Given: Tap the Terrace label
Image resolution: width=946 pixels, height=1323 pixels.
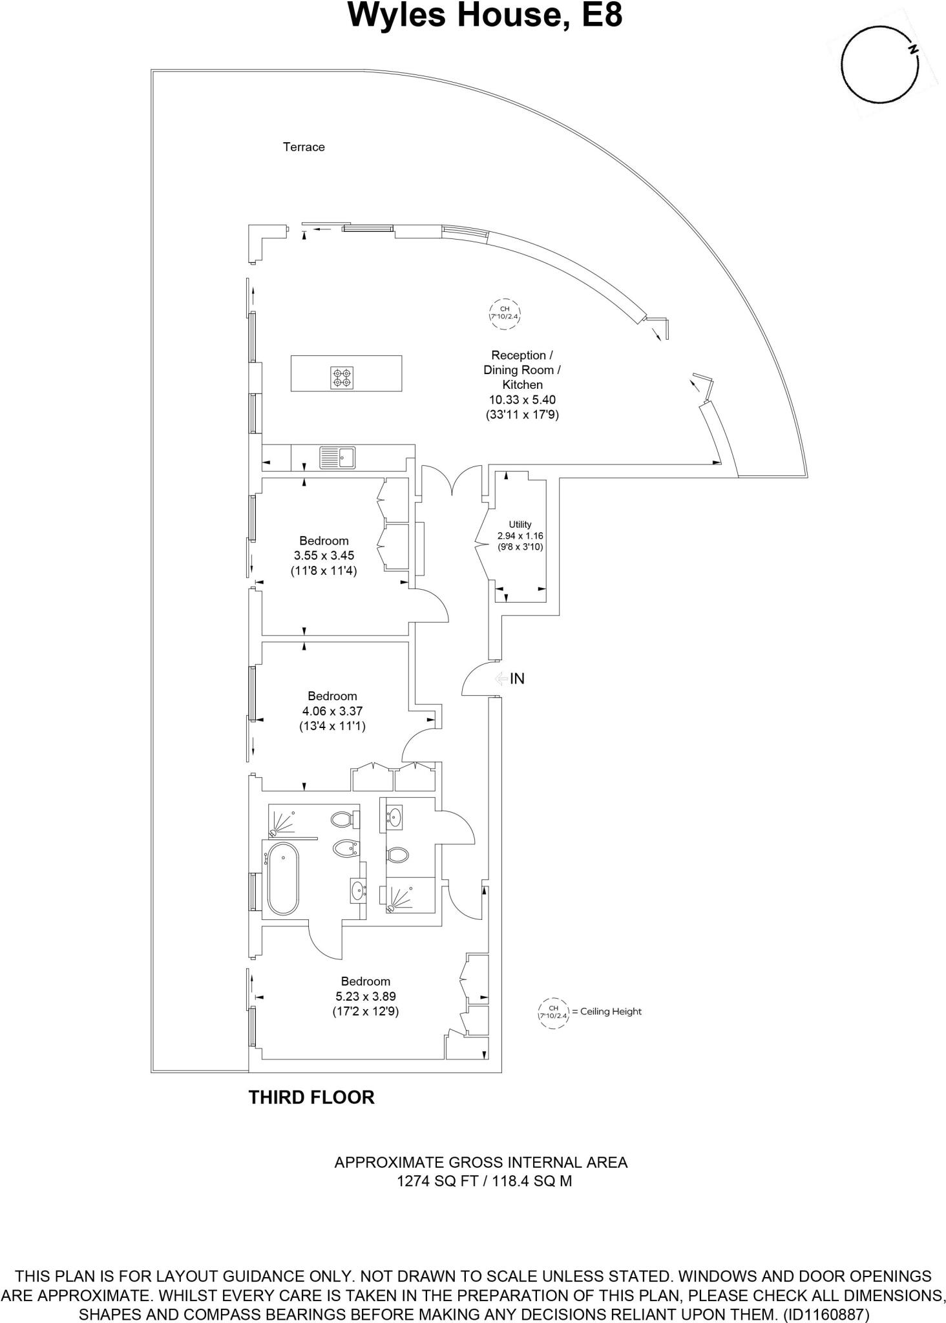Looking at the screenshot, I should (304, 147).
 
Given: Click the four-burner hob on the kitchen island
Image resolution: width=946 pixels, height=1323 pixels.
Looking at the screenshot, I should (342, 377).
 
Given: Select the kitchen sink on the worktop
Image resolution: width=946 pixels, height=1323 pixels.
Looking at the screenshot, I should (337, 457).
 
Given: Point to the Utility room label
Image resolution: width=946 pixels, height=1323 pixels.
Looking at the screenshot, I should (520, 525).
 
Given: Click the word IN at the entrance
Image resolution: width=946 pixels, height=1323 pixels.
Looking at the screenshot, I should (517, 679).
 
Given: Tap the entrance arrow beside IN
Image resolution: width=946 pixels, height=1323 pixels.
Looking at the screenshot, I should (501, 679).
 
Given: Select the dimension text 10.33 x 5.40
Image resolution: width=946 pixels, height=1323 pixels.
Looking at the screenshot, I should (522, 400).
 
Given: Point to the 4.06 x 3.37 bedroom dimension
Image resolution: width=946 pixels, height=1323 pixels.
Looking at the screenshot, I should (332, 711).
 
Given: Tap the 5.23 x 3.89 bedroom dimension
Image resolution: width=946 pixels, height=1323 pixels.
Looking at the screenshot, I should (366, 997).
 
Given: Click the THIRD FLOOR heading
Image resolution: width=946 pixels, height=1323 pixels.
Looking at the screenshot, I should (311, 1098).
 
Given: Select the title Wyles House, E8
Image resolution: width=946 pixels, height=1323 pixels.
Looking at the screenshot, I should (485, 16).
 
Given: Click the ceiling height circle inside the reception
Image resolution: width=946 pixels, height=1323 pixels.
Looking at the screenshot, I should (505, 313).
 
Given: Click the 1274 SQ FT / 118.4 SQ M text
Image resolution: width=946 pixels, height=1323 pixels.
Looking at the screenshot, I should (481, 1182).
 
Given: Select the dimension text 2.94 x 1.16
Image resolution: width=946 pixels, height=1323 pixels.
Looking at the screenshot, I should (520, 536).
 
